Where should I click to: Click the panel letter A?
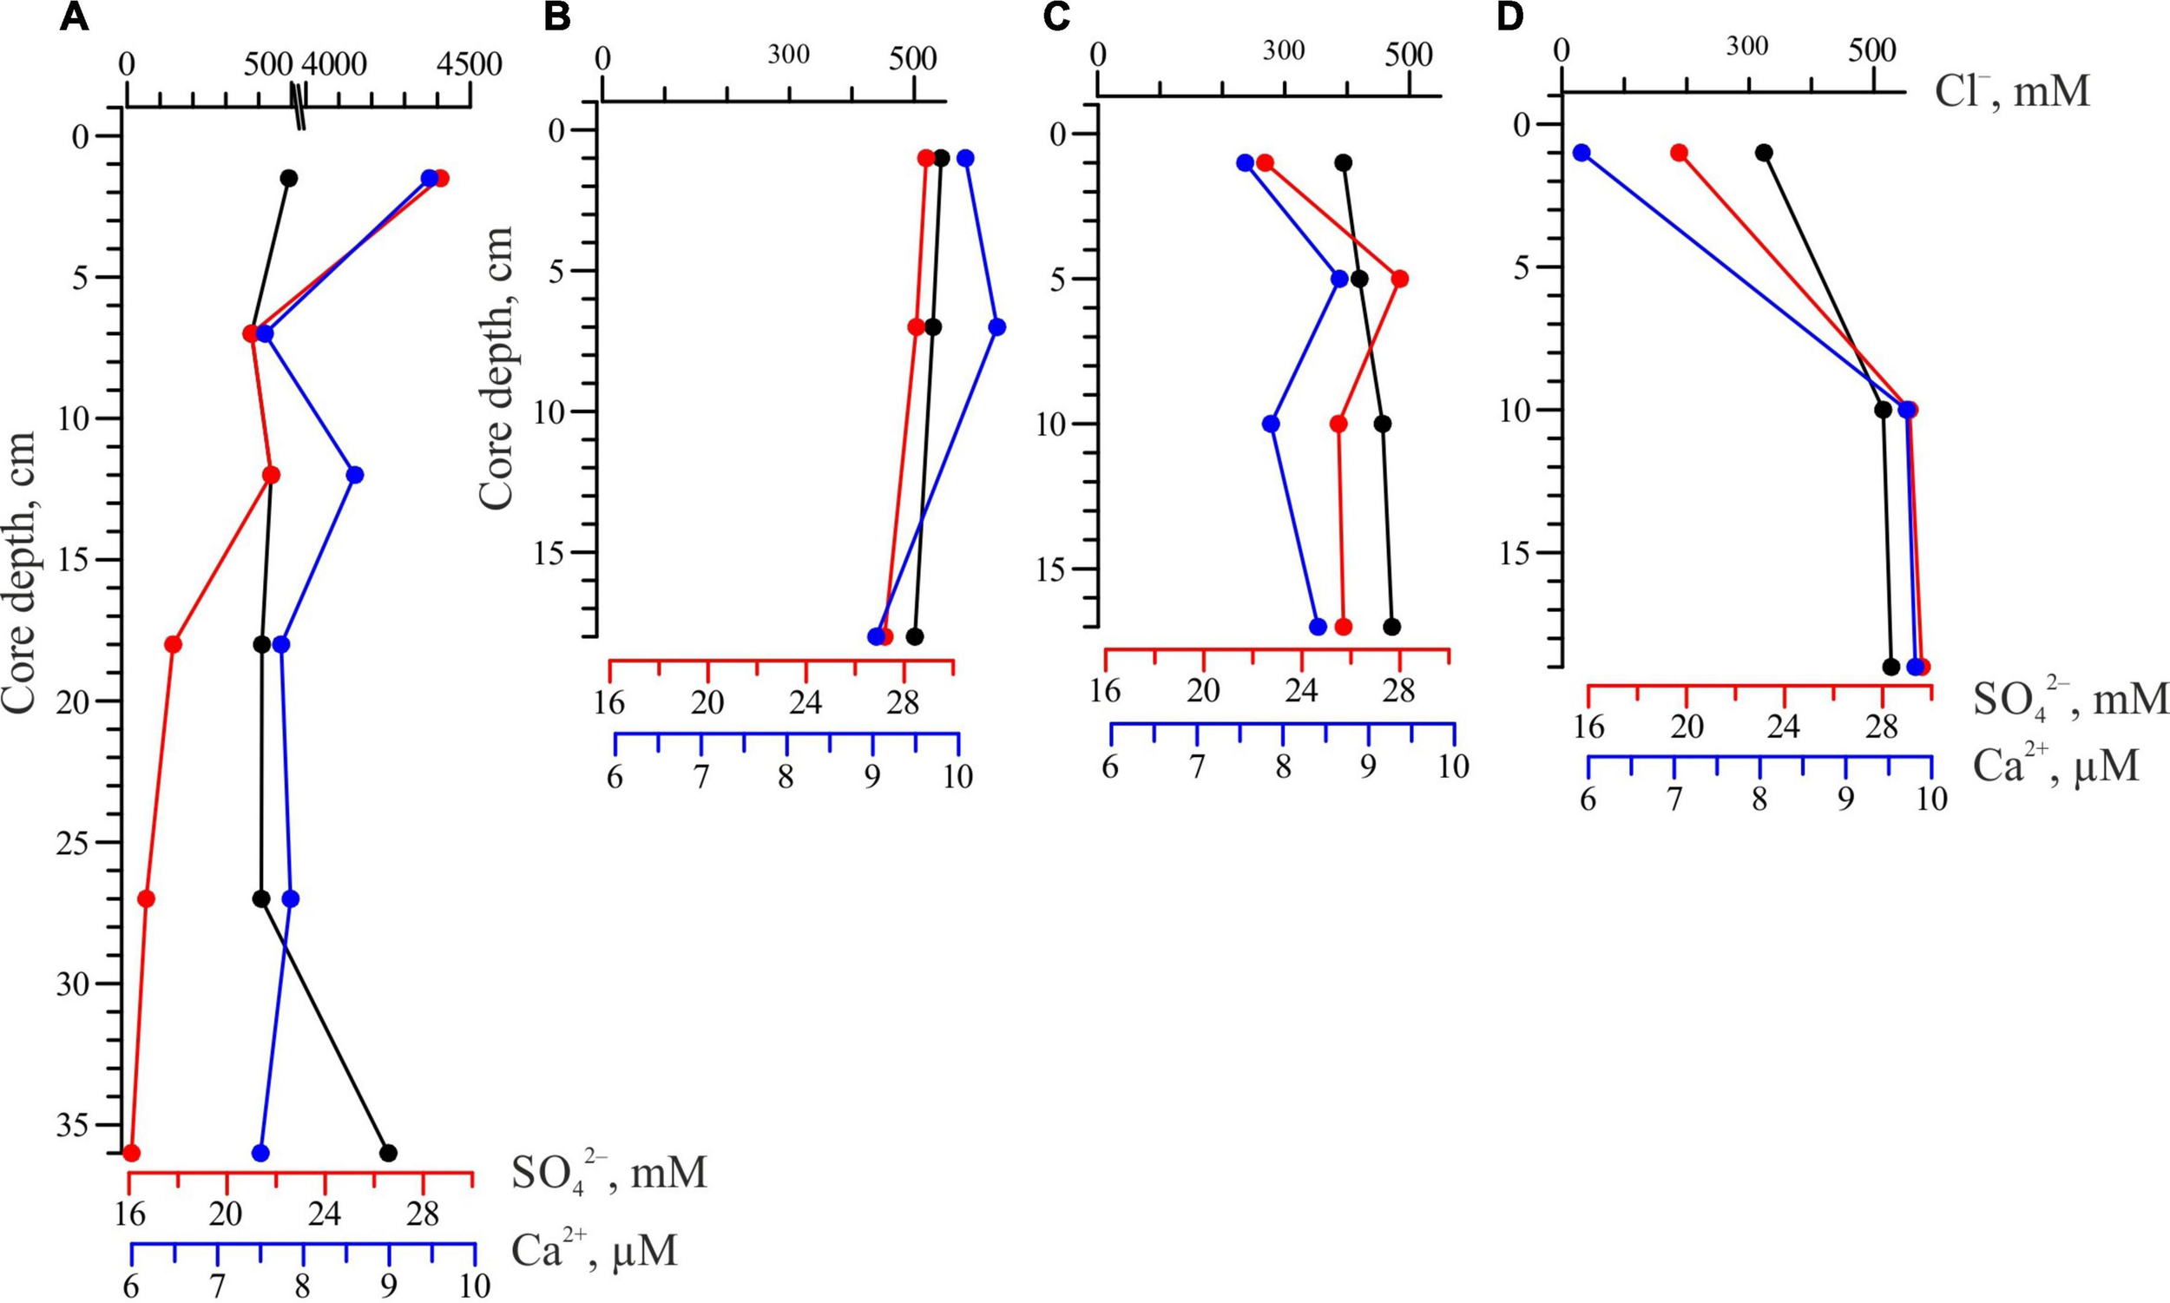coord(74,18)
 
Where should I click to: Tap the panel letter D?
coord(1509,18)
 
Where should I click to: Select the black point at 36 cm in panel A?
coord(388,1153)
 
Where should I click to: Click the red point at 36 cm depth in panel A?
coord(132,1153)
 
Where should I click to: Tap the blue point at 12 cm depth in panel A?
coord(355,475)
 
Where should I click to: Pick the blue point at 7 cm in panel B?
coord(996,326)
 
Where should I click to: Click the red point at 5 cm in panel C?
coord(1400,280)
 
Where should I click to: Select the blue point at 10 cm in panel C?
coord(1271,424)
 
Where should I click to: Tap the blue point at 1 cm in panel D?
coord(1581,153)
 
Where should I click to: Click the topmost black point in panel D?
coord(1764,153)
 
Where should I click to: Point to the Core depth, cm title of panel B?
coord(496,367)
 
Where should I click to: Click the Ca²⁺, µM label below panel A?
coord(595,1250)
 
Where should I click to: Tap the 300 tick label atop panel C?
coord(1284,52)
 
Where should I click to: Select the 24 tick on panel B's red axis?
coord(805,702)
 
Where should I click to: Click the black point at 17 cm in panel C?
coord(1391,627)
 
